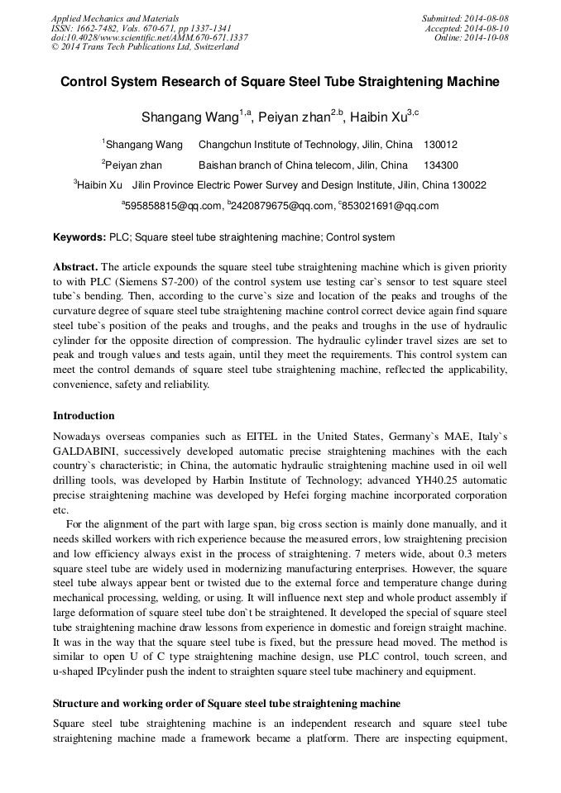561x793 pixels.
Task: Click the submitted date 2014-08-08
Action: click(x=485, y=18)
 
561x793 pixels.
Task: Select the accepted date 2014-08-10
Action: click(x=485, y=28)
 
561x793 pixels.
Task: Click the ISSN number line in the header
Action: click(x=141, y=28)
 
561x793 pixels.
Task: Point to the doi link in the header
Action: click(x=149, y=38)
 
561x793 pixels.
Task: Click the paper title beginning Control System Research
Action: click(x=280, y=82)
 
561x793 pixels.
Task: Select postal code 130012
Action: click(x=440, y=144)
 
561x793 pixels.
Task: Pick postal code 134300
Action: click(x=440, y=165)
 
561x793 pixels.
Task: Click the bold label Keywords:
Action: click(x=79, y=237)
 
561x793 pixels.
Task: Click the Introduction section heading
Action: click(x=84, y=415)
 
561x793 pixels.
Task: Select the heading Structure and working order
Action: click(x=227, y=703)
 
